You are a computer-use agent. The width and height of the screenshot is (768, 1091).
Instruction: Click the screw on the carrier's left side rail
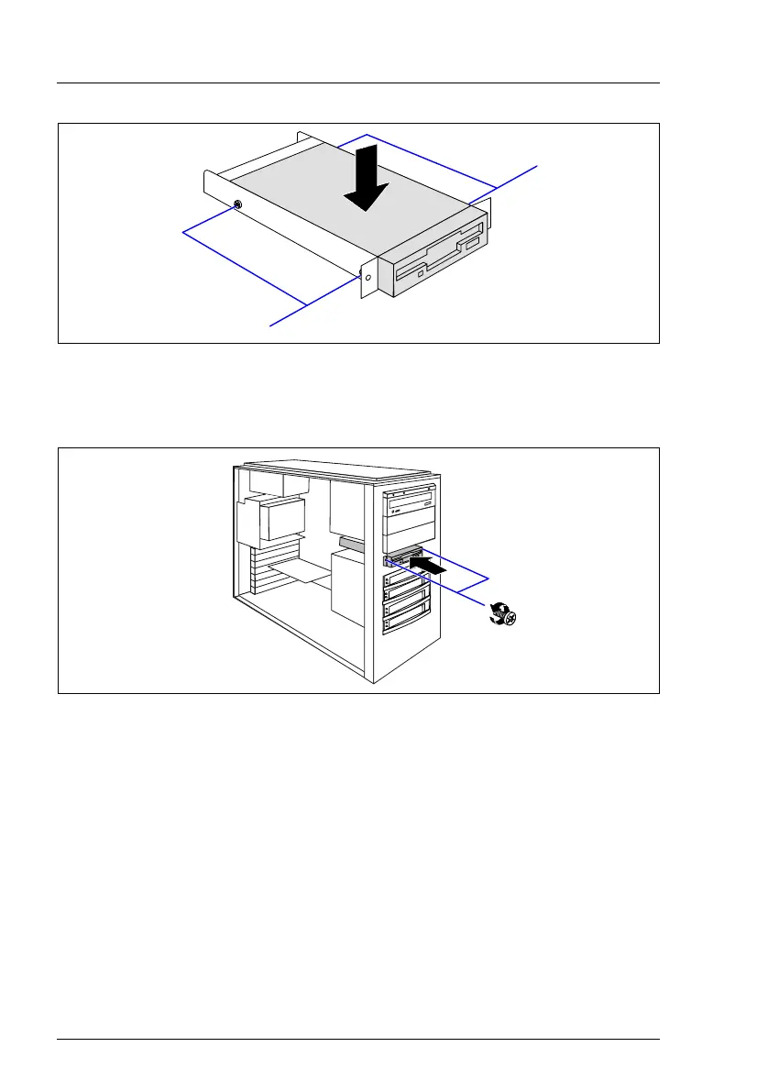pyautogui.click(x=237, y=204)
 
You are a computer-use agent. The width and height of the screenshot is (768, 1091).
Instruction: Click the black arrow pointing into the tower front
pyautogui.click(x=431, y=569)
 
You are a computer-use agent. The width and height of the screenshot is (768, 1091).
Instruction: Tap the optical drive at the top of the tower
pyautogui.click(x=409, y=503)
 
